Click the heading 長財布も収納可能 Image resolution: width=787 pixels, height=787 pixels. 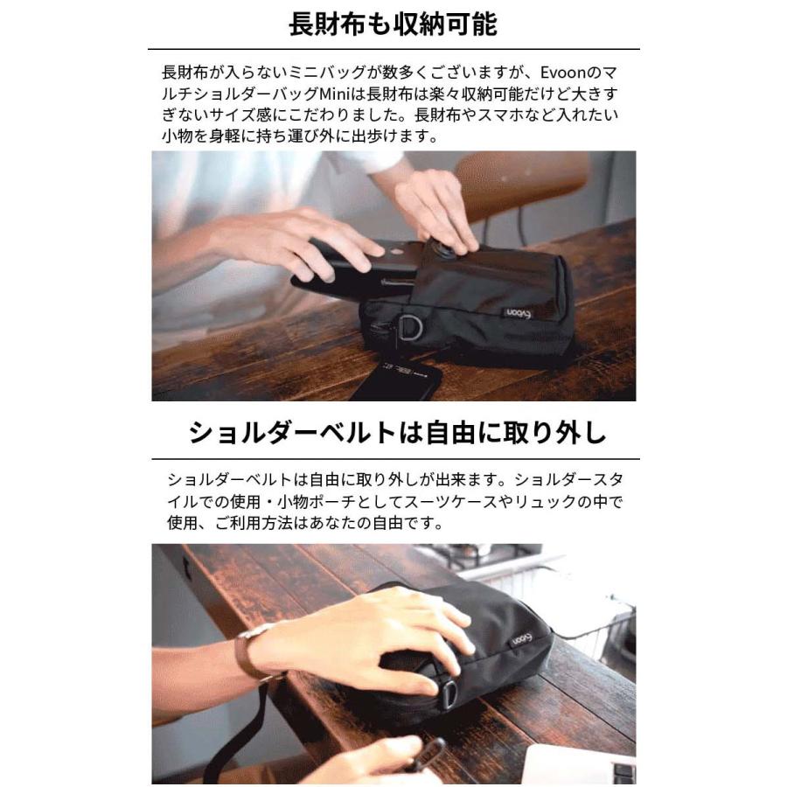point(393,24)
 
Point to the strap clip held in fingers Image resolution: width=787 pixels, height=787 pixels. point(428,754)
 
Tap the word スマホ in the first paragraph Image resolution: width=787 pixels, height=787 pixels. point(519,115)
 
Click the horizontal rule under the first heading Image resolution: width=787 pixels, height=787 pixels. point(393,49)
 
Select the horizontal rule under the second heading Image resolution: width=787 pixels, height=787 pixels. point(393,458)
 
